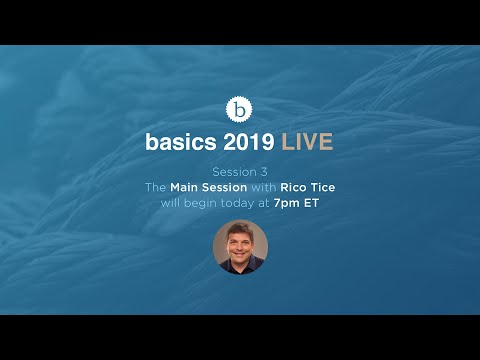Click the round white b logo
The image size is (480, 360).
[x=239, y=109]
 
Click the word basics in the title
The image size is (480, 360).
[x=181, y=142]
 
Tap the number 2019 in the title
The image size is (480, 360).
[x=249, y=142]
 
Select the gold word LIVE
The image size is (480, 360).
[x=307, y=142]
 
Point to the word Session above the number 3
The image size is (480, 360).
[x=234, y=172]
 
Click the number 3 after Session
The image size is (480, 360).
[x=264, y=172]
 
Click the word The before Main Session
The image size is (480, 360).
[x=155, y=187]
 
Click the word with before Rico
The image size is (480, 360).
[x=264, y=187]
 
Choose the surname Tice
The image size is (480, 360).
[x=323, y=187]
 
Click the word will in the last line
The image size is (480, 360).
[x=170, y=203]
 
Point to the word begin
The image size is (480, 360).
[x=200, y=204]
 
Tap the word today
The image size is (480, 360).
[x=237, y=204]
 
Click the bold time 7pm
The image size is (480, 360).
[x=286, y=203]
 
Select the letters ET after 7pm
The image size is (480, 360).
[x=311, y=203]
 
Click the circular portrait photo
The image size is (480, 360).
[x=240, y=247]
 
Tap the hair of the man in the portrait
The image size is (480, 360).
[x=240, y=230]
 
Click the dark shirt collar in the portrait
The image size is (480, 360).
[x=240, y=263]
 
